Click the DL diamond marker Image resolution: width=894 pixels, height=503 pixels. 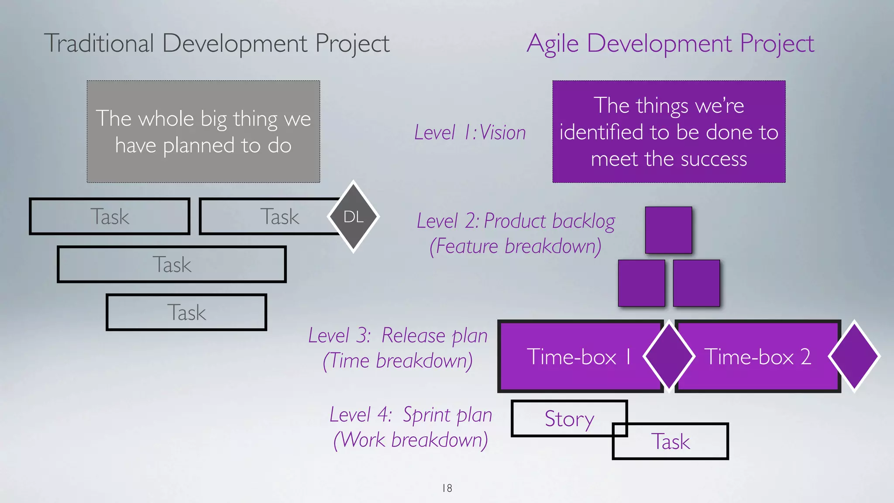(353, 217)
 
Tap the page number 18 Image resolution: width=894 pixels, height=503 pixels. (447, 488)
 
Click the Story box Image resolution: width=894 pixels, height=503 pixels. (563, 418)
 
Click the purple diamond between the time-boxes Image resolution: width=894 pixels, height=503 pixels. (669, 356)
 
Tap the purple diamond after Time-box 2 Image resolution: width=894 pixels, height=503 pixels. (854, 356)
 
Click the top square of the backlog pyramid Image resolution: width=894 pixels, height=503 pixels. (668, 230)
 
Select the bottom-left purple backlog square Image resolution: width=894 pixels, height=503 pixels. (641, 283)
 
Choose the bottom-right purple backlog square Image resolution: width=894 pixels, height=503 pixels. (696, 283)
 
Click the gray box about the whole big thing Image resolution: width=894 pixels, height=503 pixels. (203, 131)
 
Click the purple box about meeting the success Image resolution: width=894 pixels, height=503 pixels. (669, 131)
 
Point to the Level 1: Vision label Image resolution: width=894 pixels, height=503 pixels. (470, 132)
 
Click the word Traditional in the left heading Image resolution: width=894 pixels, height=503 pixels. (99, 43)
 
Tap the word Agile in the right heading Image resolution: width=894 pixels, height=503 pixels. (553, 44)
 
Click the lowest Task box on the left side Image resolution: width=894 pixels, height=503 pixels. (186, 312)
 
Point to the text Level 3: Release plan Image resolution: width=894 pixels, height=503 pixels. (398, 335)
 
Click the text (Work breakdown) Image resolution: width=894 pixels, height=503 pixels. (410, 440)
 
